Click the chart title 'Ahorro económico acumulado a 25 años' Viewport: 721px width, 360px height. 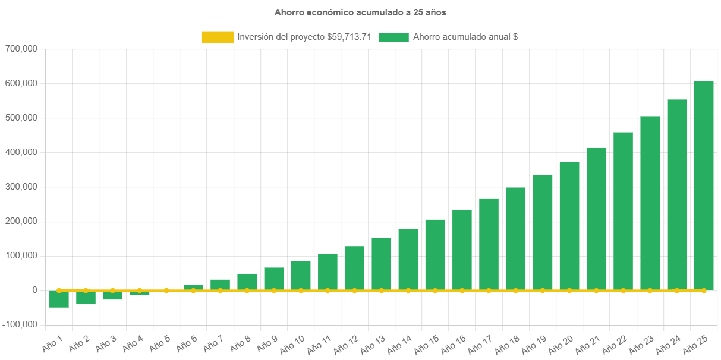tap(360, 12)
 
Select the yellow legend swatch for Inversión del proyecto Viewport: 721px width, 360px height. tap(218, 37)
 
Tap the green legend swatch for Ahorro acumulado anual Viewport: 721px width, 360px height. tap(393, 37)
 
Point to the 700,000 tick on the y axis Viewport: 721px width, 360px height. tap(21, 49)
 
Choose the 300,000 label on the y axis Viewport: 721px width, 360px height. tap(21, 187)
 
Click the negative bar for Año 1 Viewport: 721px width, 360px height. tap(59, 299)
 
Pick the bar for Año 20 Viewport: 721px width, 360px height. tap(569, 226)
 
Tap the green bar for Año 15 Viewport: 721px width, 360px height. tap(435, 254)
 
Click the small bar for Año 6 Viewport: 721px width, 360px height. tap(193, 288)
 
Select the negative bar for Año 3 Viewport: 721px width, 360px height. tap(112, 296)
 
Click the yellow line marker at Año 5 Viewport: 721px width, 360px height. tap(166, 290)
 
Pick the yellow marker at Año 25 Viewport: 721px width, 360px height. tap(704, 290)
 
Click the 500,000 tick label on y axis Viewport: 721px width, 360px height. tap(21, 118)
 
